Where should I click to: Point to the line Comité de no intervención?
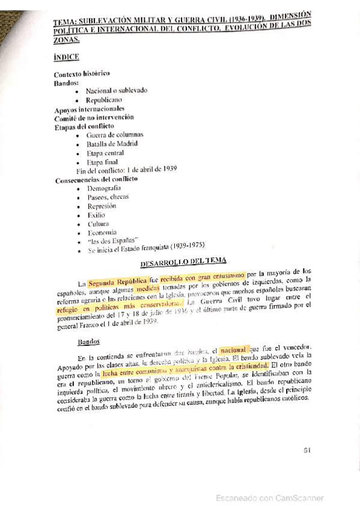(x=94, y=117)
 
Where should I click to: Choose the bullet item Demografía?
(x=103, y=188)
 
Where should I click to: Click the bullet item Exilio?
(x=96, y=214)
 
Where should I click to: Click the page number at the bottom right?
(x=307, y=449)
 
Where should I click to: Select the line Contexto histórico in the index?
(x=82, y=73)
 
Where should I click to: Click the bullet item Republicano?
(x=104, y=99)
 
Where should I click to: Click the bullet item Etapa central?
(x=105, y=153)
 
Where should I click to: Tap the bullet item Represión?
(x=102, y=205)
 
